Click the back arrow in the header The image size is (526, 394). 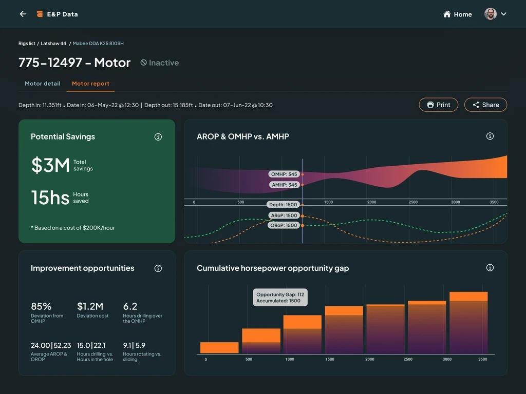click(23, 14)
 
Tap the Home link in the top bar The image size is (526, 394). click(457, 14)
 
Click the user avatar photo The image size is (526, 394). click(491, 14)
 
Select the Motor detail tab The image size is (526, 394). click(43, 84)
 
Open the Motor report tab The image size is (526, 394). click(90, 84)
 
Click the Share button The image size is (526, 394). click(485, 105)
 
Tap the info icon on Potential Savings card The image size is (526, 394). click(158, 137)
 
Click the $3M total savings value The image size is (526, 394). click(50, 165)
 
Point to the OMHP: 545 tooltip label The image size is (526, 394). click(284, 174)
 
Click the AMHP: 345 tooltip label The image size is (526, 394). click(284, 185)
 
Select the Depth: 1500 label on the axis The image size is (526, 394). click(284, 205)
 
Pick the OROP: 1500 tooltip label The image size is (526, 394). click(284, 225)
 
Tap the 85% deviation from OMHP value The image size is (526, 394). click(41, 306)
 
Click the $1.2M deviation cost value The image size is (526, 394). click(90, 306)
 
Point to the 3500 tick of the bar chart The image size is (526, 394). click(482, 360)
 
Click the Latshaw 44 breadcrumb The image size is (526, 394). click(53, 44)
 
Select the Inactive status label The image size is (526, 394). click(160, 63)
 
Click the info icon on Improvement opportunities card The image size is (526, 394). click(158, 268)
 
